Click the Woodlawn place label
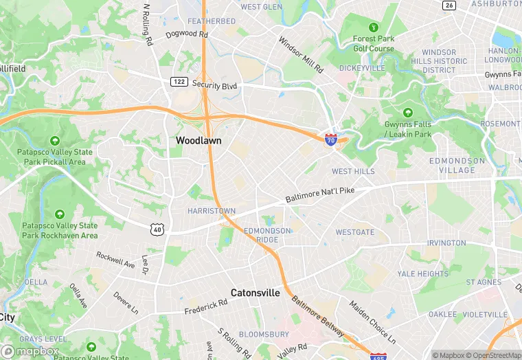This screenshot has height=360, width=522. (198, 139)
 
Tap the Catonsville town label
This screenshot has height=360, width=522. (255, 292)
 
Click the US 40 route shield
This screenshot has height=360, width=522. (158, 230)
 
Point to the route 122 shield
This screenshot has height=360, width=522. (179, 82)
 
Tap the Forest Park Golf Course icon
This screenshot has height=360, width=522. (374, 27)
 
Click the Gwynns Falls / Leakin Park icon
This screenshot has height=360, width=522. (408, 112)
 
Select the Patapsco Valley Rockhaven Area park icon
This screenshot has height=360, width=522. (59, 214)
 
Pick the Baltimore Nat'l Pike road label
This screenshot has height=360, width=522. (321, 194)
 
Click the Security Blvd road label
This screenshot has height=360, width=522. (214, 85)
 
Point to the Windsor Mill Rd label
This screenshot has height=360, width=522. (301, 55)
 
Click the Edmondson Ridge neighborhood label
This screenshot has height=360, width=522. (267, 235)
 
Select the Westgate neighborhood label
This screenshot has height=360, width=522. (354, 232)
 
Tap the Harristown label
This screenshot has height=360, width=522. (212, 211)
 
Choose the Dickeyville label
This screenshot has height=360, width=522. (362, 68)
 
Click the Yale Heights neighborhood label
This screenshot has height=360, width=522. (422, 273)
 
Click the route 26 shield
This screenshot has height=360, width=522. (449, 5)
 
